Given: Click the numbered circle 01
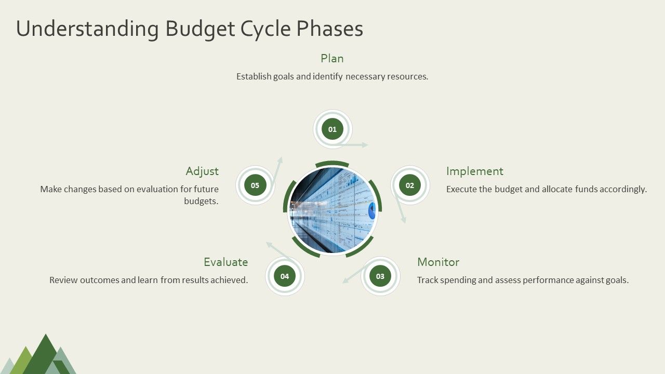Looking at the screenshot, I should click(x=332, y=129).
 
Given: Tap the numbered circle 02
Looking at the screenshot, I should click(x=410, y=185).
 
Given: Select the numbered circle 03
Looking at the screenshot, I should click(x=380, y=276).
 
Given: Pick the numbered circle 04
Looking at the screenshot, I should click(x=285, y=276).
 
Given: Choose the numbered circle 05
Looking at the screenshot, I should click(x=255, y=185).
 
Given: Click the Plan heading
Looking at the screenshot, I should click(x=332, y=58).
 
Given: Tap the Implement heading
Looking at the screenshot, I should click(x=474, y=171).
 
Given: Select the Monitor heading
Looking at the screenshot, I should click(x=438, y=262).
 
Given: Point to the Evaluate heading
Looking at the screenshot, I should click(x=225, y=262).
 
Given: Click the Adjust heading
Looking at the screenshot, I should click(x=202, y=171).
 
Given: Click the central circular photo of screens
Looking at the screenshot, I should click(x=332, y=210).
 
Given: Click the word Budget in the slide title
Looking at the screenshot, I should click(x=200, y=29).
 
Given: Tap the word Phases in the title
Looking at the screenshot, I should click(x=329, y=29).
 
